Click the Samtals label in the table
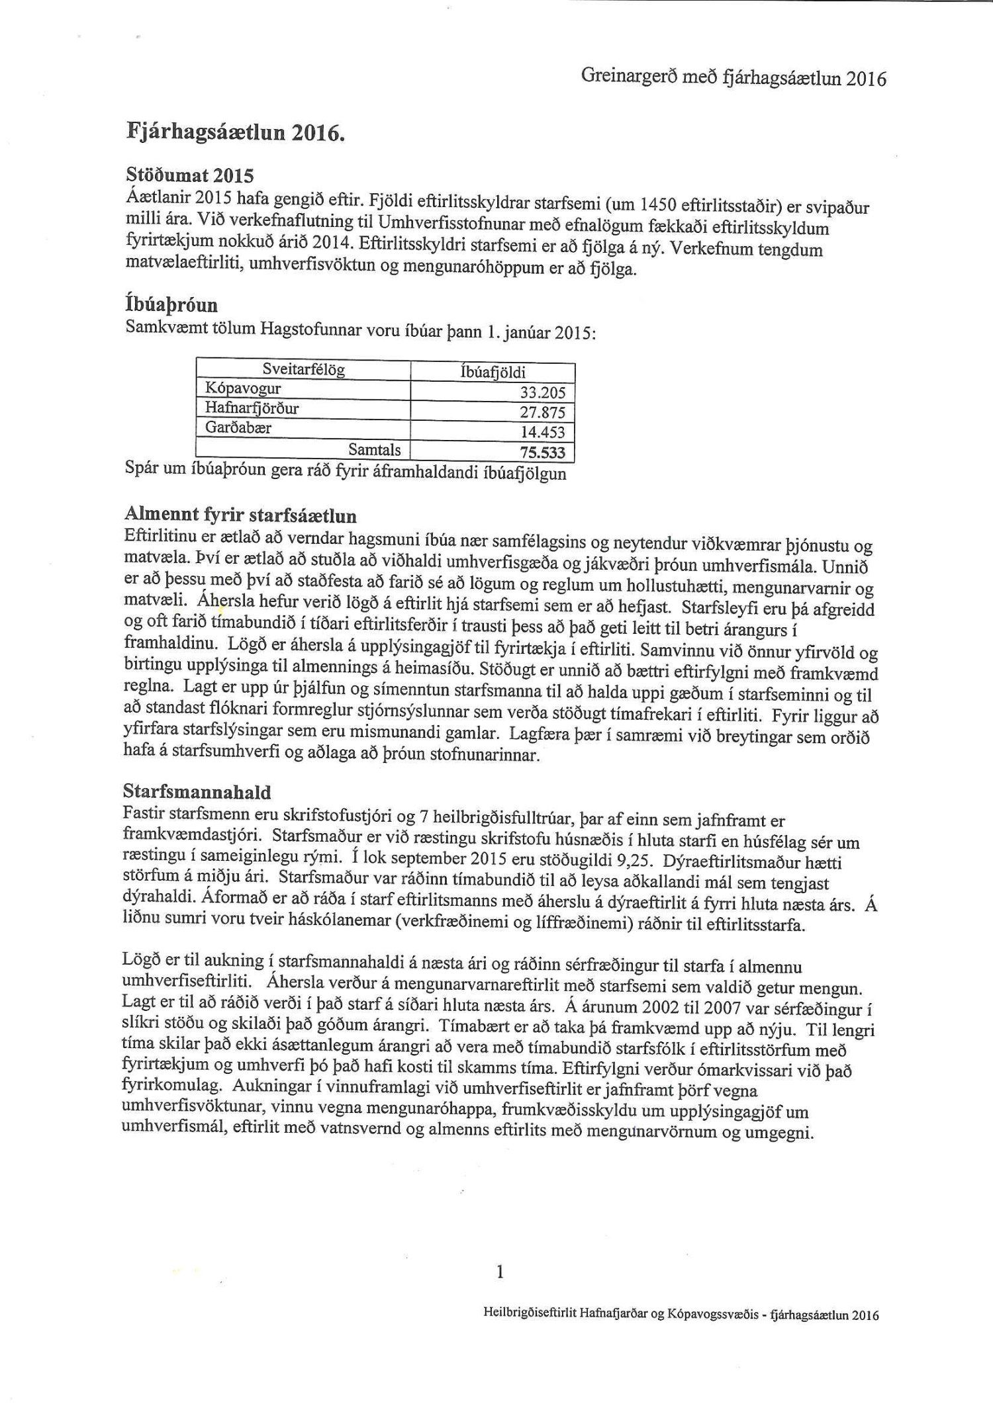click(375, 450)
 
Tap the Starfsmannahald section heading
click(197, 791)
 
